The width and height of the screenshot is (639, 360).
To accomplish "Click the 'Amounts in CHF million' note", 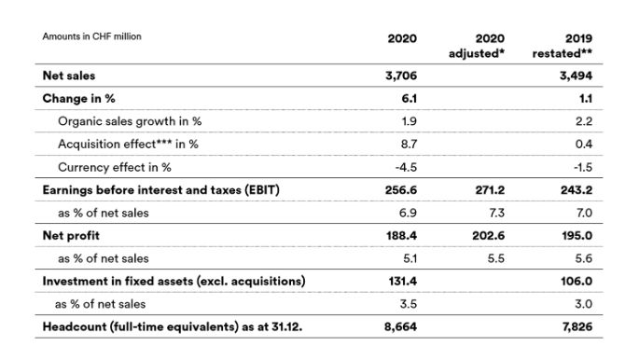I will (x=91, y=37).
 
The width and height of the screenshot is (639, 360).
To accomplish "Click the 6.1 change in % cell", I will (x=408, y=99).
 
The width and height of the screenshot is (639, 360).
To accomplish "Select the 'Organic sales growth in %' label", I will (x=128, y=121).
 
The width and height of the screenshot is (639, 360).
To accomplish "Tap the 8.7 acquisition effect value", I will (x=408, y=145).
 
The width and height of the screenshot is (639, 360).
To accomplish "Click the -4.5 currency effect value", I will (x=406, y=168).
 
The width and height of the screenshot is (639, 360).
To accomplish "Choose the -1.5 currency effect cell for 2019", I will (x=584, y=168).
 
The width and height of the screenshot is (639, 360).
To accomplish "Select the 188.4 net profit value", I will (x=402, y=236).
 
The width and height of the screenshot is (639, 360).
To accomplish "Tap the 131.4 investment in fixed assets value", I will (x=402, y=282).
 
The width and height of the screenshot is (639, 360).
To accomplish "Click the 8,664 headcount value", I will (x=401, y=327).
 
